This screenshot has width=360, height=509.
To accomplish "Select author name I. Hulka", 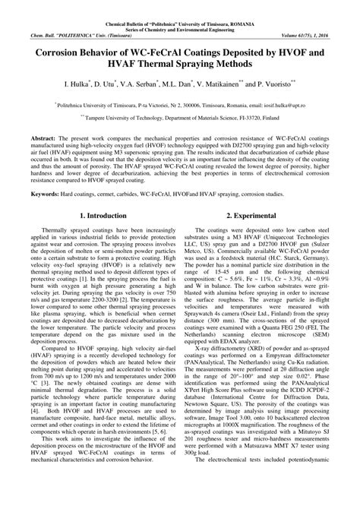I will [78, 100].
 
